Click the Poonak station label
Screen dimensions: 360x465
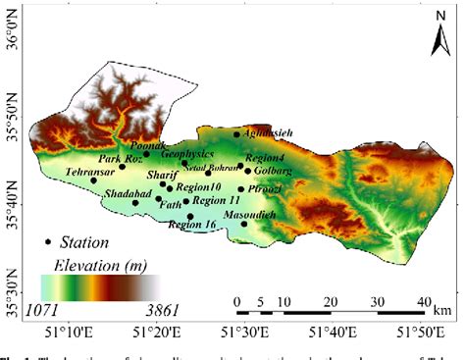click(133, 144)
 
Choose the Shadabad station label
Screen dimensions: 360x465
click(129, 193)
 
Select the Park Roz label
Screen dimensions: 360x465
click(119, 158)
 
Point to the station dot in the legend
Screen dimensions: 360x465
click(48, 242)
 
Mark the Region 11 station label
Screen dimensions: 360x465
click(216, 200)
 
